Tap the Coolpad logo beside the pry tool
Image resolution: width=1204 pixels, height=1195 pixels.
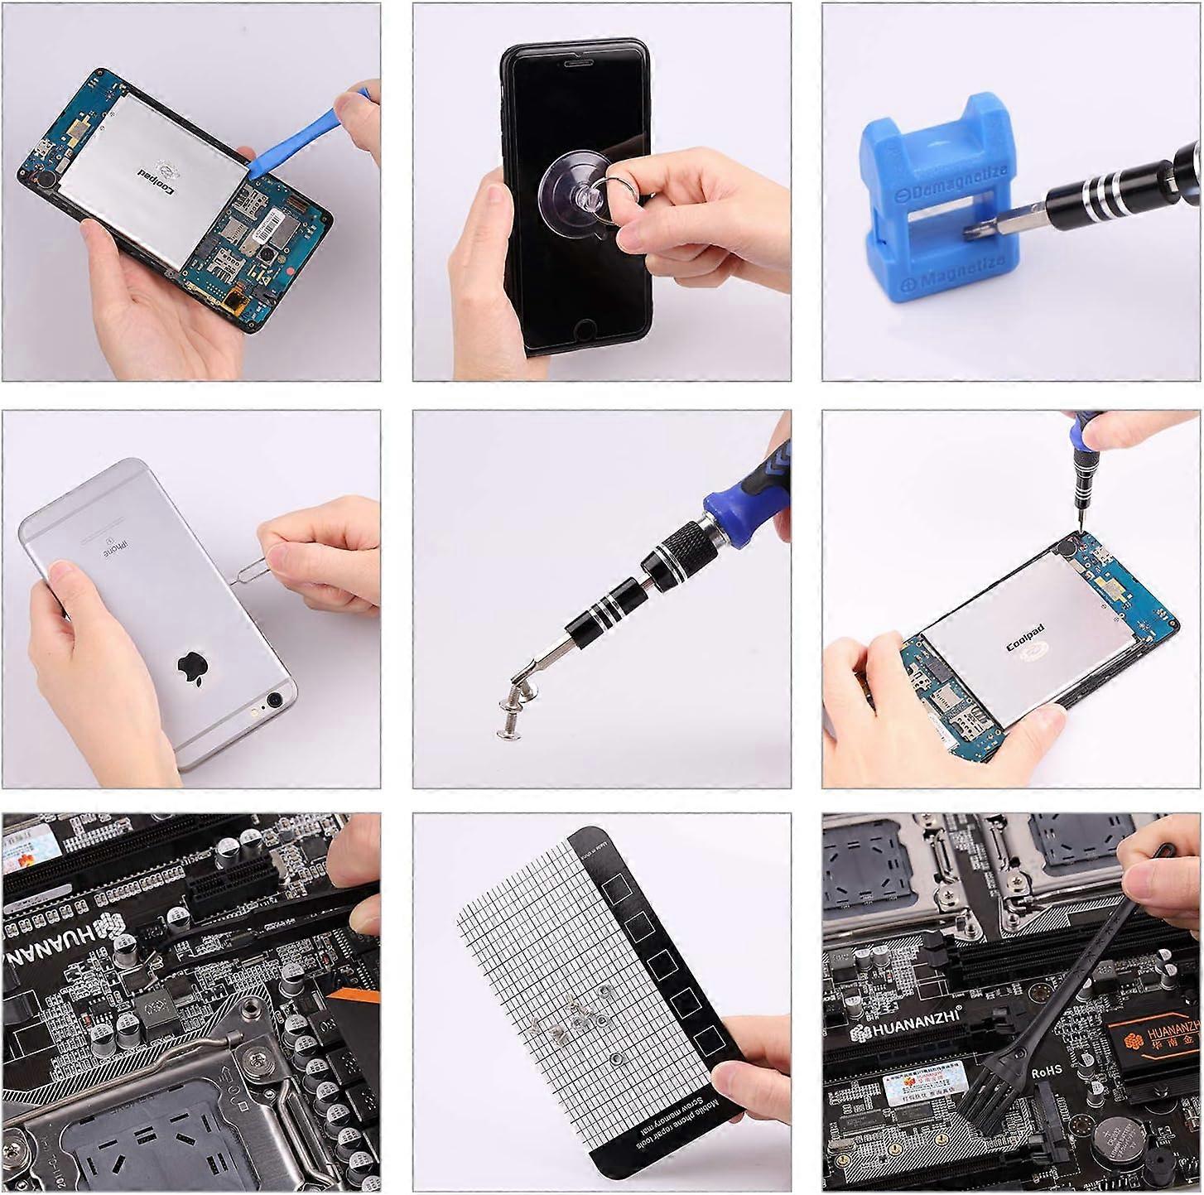166,169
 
